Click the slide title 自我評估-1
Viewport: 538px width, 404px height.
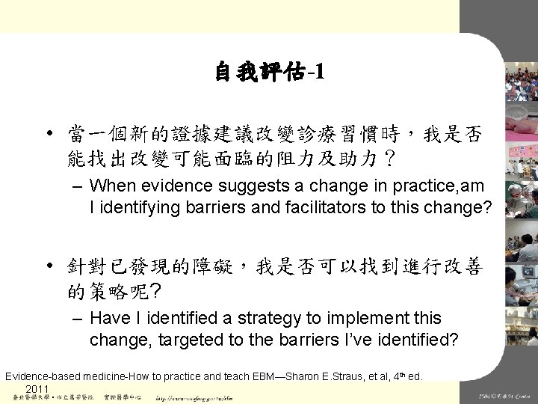269,73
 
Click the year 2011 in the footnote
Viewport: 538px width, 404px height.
37,390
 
